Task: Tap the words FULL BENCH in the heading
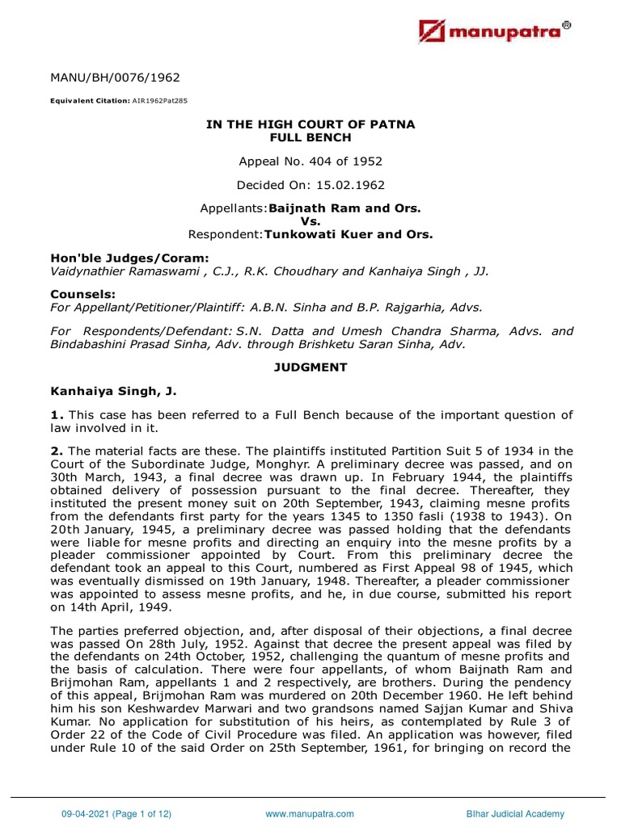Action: pyautogui.click(x=310, y=137)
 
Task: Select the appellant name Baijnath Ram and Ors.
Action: pyautogui.click(x=344, y=208)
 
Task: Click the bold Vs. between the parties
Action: pyautogui.click(x=310, y=220)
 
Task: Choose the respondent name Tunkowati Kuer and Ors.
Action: pyautogui.click(x=349, y=234)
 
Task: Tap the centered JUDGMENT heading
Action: pyautogui.click(x=310, y=367)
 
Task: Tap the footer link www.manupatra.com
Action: pyautogui.click(x=310, y=814)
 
